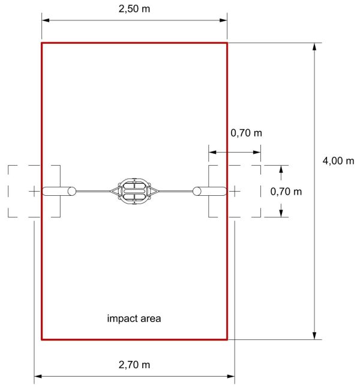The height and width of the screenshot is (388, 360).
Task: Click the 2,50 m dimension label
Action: [x=134, y=9]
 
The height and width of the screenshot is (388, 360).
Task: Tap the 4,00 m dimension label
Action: [x=338, y=161]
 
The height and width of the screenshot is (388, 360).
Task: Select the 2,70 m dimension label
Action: [x=134, y=365]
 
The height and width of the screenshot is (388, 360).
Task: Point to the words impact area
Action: [x=134, y=318]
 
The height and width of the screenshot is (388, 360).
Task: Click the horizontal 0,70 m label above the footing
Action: [x=246, y=133]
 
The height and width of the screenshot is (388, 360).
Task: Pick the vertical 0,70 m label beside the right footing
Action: [x=286, y=192]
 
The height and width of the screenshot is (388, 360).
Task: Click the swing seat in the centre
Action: [x=134, y=191]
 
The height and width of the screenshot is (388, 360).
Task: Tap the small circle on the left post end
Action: [x=72, y=191]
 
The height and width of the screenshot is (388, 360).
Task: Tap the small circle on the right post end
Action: [x=197, y=191]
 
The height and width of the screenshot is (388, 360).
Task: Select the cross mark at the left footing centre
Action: [x=34, y=191]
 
